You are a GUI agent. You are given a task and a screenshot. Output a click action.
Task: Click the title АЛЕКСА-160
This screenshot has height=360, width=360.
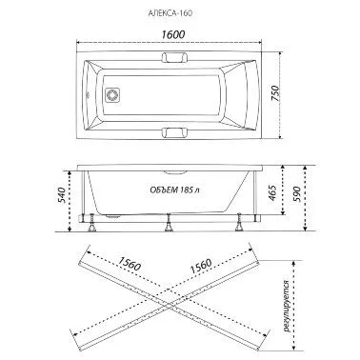point(170,13)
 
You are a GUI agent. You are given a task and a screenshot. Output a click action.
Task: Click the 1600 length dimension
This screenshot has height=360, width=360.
point(172,34)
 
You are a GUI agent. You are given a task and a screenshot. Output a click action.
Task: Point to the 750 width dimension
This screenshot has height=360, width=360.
point(275,93)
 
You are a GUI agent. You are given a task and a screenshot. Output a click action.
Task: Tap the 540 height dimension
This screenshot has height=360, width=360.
point(62,195)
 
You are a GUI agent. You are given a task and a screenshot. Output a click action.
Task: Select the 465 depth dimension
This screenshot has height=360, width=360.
point(273,191)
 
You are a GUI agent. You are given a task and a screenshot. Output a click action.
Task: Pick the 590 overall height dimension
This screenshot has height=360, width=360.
point(296,194)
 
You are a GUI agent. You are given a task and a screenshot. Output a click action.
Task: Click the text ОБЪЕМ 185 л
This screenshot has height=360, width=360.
point(174,190)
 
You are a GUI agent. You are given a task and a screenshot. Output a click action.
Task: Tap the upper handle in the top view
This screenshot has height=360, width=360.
point(172,57)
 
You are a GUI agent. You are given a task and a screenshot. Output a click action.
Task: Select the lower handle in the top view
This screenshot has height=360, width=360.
point(173,132)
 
